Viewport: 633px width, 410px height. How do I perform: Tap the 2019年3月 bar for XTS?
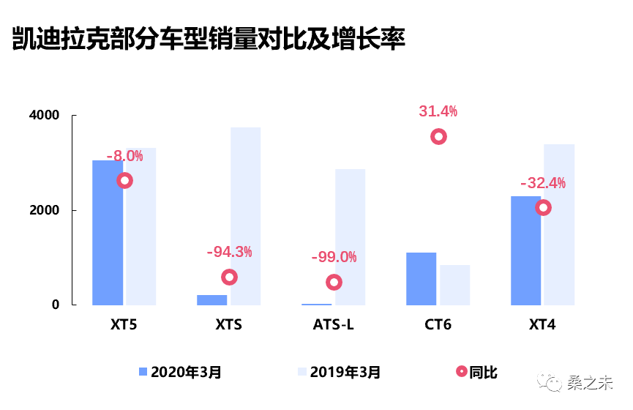tap(245, 216)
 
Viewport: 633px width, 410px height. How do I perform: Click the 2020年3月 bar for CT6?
tap(421, 278)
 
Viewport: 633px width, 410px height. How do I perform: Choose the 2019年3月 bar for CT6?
tap(454, 285)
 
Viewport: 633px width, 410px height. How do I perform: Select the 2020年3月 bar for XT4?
tap(525, 250)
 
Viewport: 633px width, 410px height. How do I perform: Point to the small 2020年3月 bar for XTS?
tap(212, 299)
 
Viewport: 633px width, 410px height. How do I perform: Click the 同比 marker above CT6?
tap(438, 136)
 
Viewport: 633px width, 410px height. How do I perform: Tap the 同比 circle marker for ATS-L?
tap(334, 282)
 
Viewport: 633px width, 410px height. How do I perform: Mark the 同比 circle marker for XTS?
tap(229, 277)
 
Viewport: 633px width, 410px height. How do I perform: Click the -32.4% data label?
tap(542, 183)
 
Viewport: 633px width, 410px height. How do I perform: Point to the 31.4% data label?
tap(438, 111)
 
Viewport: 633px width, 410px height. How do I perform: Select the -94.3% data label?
tap(229, 252)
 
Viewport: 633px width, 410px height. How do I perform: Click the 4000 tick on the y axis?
tap(45, 116)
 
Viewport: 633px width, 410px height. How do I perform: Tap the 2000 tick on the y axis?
tap(45, 210)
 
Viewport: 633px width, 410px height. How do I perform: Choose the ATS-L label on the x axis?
tap(333, 324)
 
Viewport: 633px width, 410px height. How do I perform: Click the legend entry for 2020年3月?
tap(180, 372)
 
